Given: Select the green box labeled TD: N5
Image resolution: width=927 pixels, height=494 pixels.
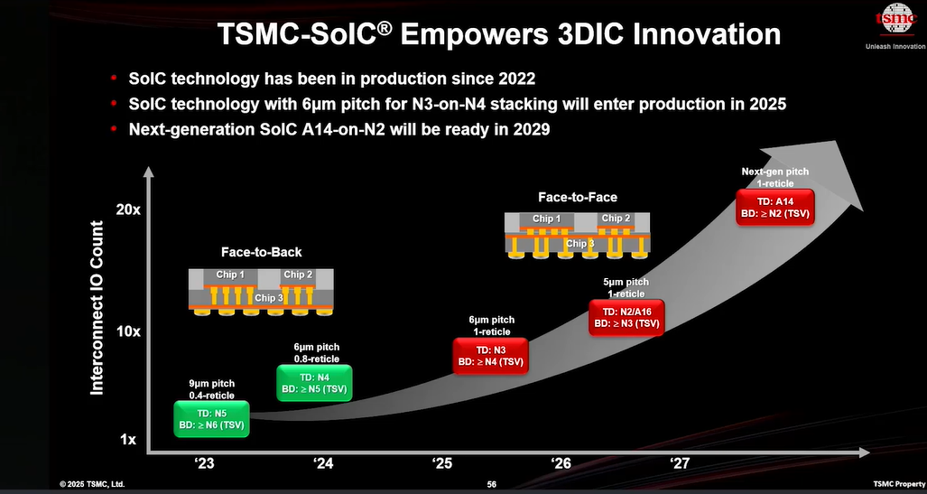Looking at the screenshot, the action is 211,419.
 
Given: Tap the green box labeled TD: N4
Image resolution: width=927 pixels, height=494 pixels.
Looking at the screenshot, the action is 314,383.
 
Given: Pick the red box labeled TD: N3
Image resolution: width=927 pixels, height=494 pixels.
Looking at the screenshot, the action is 490,356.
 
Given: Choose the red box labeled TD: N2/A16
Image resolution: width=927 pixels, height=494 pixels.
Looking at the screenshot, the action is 626,318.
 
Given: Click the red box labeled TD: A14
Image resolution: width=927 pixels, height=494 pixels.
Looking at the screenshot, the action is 775,207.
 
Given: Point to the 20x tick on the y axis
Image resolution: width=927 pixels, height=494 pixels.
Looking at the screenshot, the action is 127,210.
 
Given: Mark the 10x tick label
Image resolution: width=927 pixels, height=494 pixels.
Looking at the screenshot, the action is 127,331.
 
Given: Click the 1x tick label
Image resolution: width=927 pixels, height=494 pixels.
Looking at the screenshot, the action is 128,440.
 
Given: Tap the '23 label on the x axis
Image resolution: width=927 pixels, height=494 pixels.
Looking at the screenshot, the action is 205,462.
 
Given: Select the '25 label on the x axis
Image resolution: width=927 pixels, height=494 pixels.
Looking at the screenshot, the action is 442,462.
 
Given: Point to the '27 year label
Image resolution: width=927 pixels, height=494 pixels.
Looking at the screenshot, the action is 680,462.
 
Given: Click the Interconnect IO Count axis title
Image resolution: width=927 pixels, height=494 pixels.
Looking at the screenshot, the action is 97,308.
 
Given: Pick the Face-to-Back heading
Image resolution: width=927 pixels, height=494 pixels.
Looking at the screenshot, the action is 261,252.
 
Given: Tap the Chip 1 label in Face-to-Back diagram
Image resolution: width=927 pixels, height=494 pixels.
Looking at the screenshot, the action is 230,275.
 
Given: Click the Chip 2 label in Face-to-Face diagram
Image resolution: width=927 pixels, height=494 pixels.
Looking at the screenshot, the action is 616,219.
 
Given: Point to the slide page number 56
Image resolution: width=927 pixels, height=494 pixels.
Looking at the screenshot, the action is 491,485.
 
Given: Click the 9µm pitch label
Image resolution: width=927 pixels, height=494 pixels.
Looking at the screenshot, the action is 211,383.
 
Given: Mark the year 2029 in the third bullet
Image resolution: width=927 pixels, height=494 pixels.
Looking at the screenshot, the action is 530,129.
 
